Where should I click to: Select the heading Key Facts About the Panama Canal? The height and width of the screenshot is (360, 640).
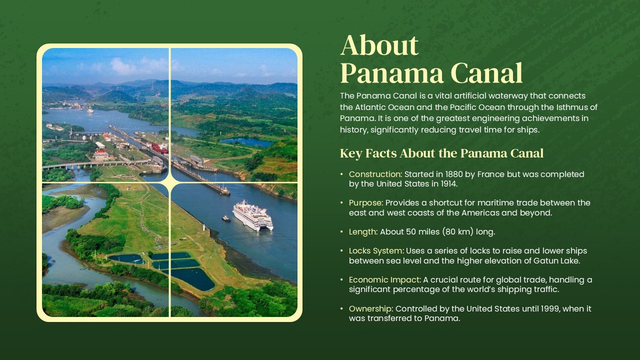(441, 153)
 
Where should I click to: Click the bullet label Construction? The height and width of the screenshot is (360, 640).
(375, 174)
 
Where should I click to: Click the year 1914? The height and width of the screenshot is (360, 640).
(446, 184)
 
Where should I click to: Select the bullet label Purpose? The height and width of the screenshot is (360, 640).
(365, 203)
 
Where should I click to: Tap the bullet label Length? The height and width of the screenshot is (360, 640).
(363, 232)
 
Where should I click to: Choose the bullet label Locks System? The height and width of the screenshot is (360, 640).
(376, 251)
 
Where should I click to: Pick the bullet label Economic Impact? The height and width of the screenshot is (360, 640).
(385, 280)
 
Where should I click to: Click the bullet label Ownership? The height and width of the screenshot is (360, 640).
(370, 309)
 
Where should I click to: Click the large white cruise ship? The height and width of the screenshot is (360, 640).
(253, 215)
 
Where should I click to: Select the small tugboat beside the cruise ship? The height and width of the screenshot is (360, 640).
(226, 218)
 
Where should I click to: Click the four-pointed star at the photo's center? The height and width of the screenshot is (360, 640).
(170, 183)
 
